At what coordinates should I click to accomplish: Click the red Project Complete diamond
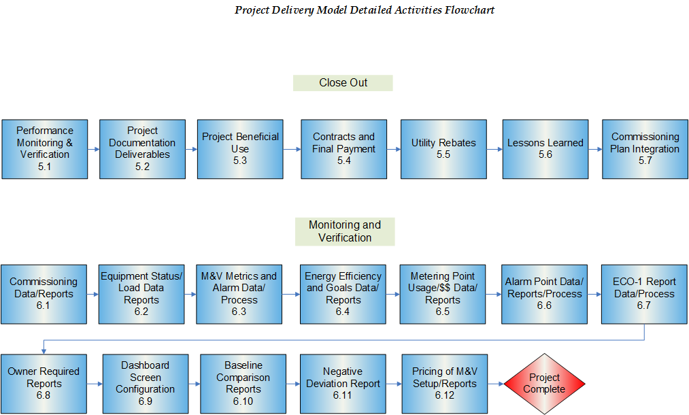coord(544,384)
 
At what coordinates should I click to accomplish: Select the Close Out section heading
coord(343,82)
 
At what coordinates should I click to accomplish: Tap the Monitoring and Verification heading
coord(345,231)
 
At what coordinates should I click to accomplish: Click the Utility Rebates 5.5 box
coord(443,149)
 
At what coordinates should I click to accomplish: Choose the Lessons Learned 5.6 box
coord(545,149)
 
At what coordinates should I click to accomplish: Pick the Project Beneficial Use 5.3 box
coord(240,149)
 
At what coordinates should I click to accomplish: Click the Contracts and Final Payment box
coord(343,149)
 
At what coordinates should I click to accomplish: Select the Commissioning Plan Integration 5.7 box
coord(645,149)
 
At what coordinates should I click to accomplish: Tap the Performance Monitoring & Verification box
coord(44,149)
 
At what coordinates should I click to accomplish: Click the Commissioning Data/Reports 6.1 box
coord(44,294)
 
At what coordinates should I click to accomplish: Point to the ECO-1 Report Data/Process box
coord(644,294)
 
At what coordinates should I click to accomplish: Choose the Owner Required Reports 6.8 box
coord(44,384)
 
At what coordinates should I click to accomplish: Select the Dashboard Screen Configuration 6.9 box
coord(146,384)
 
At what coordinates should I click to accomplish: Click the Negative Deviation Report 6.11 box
coord(343,384)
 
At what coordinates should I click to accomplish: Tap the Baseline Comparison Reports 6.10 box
coord(243,384)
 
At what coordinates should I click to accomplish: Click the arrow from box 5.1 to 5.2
coord(94,149)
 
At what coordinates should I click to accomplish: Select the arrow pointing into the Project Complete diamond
coord(496,384)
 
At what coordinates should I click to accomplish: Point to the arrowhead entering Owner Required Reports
coord(44,351)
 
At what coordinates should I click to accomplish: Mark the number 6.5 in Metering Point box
coord(443,312)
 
